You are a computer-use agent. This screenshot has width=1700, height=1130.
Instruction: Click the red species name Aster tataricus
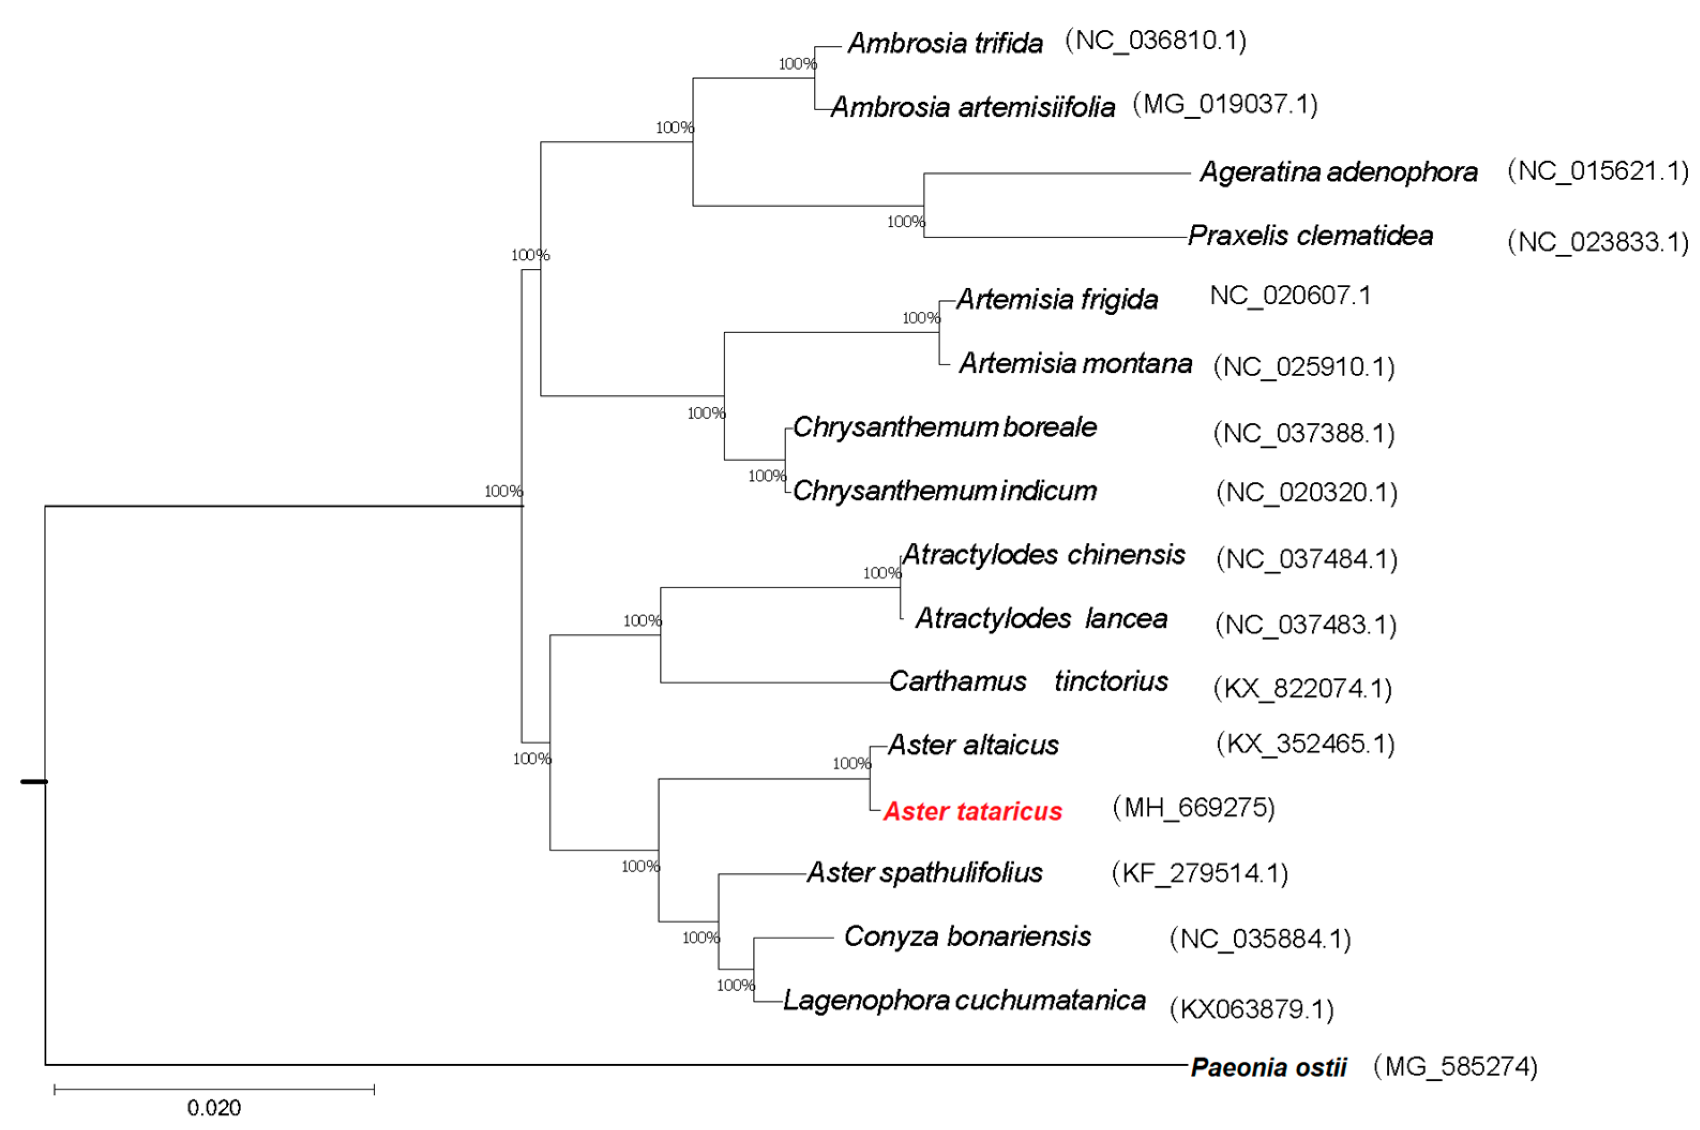(972, 811)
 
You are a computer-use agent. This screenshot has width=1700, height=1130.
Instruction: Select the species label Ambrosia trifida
(945, 43)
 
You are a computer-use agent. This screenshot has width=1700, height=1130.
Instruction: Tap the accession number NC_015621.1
(1598, 171)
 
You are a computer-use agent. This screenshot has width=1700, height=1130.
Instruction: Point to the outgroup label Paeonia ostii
(1268, 1067)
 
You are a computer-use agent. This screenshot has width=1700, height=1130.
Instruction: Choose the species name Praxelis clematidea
(1310, 236)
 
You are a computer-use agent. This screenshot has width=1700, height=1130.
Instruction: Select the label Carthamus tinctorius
(1028, 681)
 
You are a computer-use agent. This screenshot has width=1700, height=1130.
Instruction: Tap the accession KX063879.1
(1252, 1009)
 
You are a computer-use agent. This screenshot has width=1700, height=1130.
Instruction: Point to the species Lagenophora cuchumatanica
(964, 1000)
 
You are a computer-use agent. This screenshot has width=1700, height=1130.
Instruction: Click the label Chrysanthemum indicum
(945, 491)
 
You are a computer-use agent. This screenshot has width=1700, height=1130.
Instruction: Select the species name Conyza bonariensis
(968, 936)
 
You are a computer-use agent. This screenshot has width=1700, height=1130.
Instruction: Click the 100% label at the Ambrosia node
(797, 64)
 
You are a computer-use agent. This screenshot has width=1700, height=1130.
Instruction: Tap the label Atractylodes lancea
(1041, 619)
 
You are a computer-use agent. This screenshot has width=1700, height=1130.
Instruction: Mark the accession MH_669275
(1193, 808)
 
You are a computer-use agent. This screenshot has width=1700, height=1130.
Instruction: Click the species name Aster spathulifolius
(924, 873)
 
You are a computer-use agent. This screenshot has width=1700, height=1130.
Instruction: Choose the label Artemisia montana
(1076, 363)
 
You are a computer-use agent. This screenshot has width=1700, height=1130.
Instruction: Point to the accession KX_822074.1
(1302, 688)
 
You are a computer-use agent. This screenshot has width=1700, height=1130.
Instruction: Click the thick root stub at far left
(34, 781)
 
